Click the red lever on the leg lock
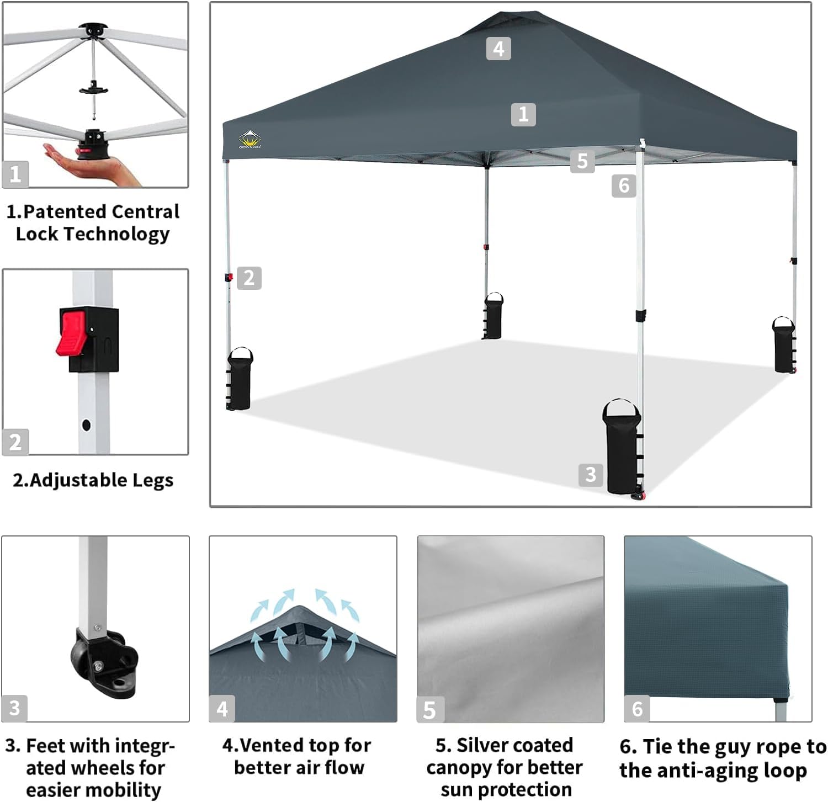click(x=71, y=332)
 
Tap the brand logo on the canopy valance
click(x=250, y=140)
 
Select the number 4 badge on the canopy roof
click(x=498, y=49)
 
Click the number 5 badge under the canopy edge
click(x=582, y=161)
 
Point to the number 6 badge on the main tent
click(x=624, y=185)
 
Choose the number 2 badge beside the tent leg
click(x=249, y=278)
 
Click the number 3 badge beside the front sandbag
click(x=591, y=474)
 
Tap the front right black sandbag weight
click(x=622, y=450)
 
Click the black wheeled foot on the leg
click(x=105, y=662)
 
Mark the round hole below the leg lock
click(x=86, y=425)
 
